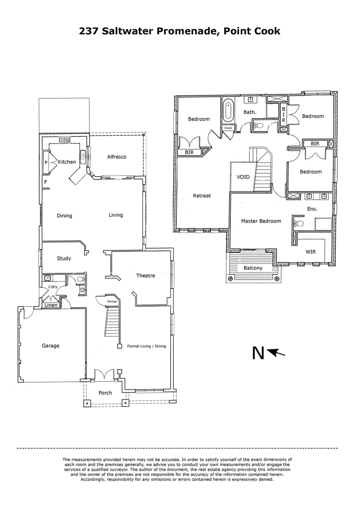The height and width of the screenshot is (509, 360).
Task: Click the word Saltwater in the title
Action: point(132,31)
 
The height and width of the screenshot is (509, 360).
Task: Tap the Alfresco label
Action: point(117,157)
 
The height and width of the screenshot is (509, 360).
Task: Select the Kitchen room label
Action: point(67,162)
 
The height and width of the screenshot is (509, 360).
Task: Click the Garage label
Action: point(50,346)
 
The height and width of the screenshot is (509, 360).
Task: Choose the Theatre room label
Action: point(145,276)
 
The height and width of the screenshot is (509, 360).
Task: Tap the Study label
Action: point(64,258)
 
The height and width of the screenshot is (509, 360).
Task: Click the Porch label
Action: point(105,393)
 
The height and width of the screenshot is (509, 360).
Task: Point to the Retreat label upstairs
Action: point(202,196)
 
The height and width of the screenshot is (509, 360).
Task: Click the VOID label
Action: point(243,177)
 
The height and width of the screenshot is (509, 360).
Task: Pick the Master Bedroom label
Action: point(261,221)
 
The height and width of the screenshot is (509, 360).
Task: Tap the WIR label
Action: point(310,252)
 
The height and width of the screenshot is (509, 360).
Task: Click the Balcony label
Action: point(253,268)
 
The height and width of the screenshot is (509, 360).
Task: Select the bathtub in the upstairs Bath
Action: point(228,110)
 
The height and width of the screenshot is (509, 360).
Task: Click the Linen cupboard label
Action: point(50,306)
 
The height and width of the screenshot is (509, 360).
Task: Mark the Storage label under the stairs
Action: point(112,301)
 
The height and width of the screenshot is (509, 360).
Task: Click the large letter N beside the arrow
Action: point(258,354)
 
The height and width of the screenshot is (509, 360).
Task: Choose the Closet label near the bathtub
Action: point(228,128)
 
